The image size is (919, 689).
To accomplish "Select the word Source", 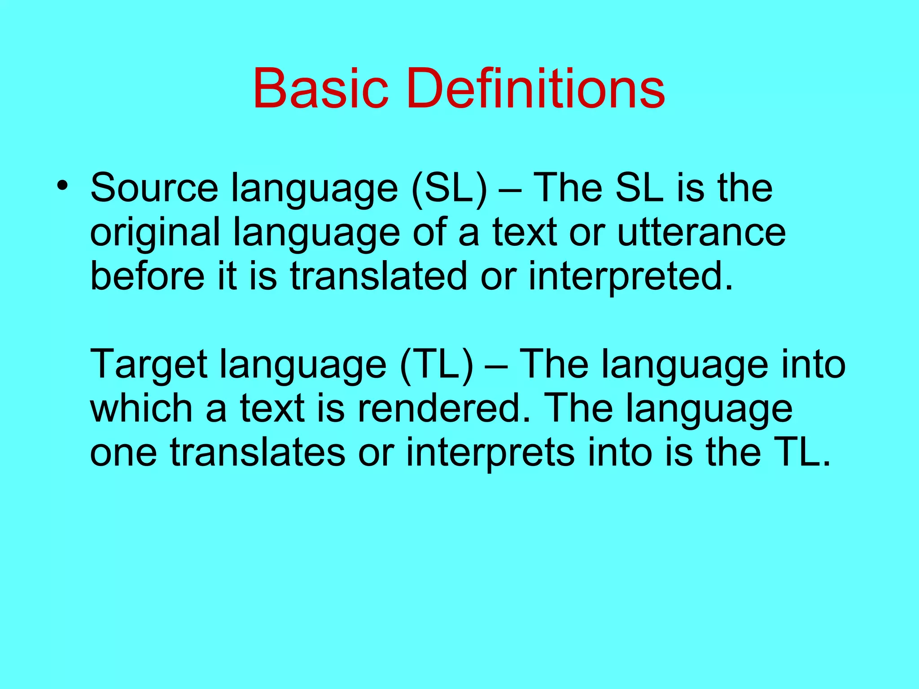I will pos(154,188).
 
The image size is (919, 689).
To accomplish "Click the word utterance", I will pos(701,232).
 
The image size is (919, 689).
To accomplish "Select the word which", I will pos(142,408).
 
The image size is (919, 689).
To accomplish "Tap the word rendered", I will pos(443,408).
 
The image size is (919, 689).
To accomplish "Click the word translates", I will pos(258,452).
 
